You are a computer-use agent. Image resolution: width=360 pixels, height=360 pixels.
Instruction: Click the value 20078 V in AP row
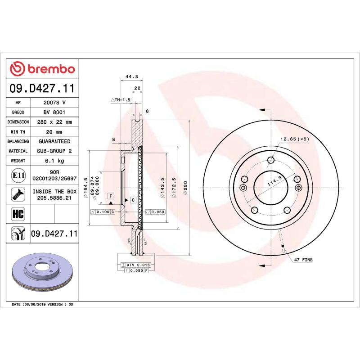tap(54, 103)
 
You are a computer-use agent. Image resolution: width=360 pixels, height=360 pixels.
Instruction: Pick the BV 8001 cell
tap(54, 112)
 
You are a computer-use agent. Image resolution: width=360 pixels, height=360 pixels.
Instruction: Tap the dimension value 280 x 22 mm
tap(54, 122)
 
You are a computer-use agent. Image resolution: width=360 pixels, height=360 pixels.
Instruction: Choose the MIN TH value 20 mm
tap(54, 132)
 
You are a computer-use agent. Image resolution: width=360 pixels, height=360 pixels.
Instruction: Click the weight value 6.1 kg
tap(54, 161)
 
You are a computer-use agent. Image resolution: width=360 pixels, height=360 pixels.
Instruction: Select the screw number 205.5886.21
tap(54, 198)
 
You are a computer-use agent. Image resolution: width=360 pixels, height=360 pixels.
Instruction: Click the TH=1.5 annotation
tap(120, 99)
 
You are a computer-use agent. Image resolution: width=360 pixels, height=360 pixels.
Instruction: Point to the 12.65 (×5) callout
tap(295, 139)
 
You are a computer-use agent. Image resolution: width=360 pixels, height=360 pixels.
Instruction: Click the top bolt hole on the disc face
tap(270, 160)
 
